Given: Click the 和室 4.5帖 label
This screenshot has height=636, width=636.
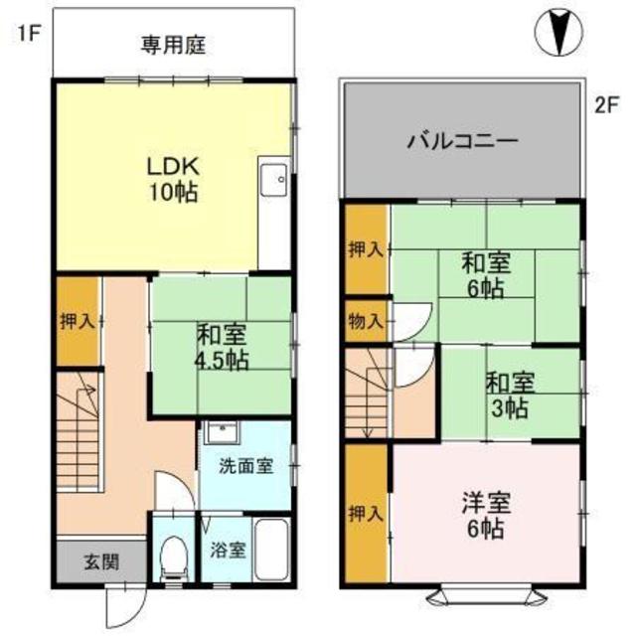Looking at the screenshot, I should pos(221,346).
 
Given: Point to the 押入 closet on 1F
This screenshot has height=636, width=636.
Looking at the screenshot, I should pos(77,321).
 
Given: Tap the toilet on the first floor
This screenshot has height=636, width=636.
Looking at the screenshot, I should pos(175,556).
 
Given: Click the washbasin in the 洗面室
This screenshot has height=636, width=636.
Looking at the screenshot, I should pos(220,433).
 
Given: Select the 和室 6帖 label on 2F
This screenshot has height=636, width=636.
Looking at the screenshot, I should pos(485,275).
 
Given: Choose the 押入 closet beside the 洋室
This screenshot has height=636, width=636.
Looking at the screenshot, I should pos(366,513).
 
